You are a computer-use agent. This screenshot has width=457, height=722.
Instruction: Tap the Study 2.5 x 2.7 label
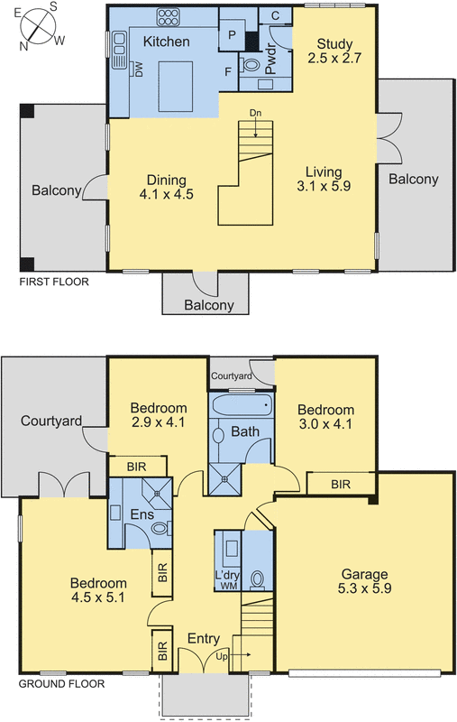point(334,51)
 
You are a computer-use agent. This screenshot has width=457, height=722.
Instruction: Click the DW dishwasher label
point(141,69)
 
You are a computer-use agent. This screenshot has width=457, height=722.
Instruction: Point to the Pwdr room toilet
point(251,66)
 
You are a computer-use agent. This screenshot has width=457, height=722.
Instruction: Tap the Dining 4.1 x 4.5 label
point(167,186)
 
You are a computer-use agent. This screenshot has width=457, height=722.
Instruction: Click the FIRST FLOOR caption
point(55,282)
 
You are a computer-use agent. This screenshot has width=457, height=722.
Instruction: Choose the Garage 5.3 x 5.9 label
point(364,580)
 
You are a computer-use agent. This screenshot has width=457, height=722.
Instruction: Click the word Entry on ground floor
point(203,639)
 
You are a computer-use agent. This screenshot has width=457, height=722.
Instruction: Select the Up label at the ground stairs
point(223,657)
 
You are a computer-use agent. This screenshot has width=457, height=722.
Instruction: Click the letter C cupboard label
point(274,15)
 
